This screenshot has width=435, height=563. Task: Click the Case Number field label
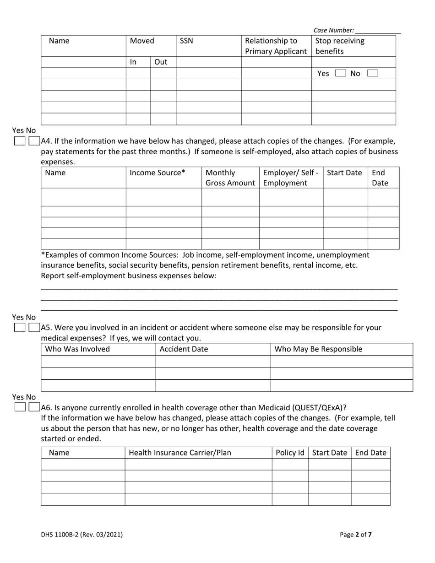[x=333, y=30]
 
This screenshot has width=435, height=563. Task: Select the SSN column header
[x=186, y=41]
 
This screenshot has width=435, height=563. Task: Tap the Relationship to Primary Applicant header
[x=276, y=46]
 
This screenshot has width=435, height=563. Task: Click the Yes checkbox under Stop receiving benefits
[x=340, y=73]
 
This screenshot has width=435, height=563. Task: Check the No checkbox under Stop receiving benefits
[x=373, y=73]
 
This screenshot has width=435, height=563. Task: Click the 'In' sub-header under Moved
[x=134, y=62]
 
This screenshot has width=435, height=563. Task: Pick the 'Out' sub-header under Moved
[x=160, y=62]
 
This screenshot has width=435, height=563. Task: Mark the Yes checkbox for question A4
[x=19, y=141]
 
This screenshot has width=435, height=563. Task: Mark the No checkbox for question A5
[x=34, y=328]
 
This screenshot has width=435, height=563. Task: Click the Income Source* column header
[x=158, y=173]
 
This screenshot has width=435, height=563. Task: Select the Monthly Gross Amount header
[x=230, y=178]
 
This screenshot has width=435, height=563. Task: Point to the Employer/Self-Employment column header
[x=291, y=178]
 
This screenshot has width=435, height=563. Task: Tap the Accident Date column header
[x=184, y=349]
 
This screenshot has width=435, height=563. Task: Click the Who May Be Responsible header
[x=318, y=349]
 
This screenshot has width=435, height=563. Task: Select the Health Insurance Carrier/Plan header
[x=180, y=453]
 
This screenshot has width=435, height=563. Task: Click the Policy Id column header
[x=290, y=453]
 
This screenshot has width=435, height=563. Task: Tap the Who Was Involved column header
[x=77, y=349]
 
